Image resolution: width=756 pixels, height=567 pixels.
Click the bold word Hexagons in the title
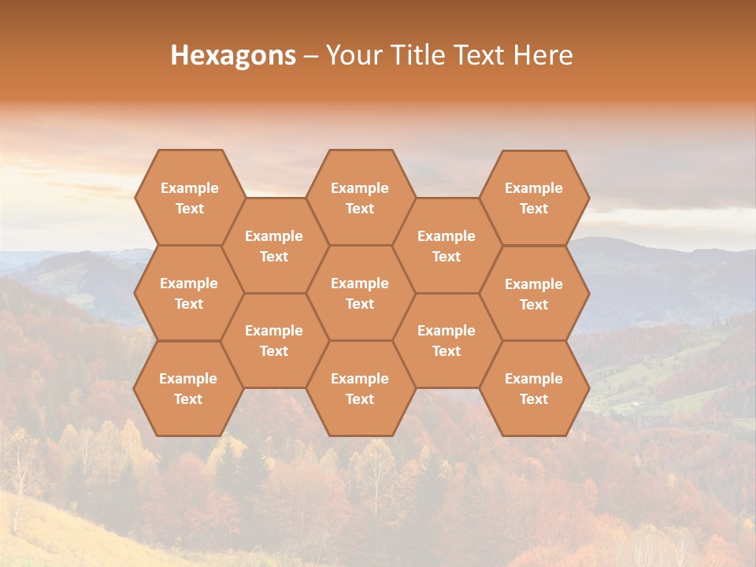pyautogui.click(x=233, y=55)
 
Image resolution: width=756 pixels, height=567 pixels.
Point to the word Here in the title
pyautogui.click(x=543, y=55)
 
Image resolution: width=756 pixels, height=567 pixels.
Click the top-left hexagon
pyautogui.click(x=189, y=198)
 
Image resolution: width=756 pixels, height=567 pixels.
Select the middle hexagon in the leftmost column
pyautogui.click(x=189, y=293)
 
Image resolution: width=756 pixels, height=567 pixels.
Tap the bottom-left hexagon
pyautogui.click(x=189, y=388)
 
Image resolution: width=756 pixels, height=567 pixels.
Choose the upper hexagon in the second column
pyautogui.click(x=274, y=246)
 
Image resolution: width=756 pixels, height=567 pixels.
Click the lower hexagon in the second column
pyautogui.click(x=274, y=340)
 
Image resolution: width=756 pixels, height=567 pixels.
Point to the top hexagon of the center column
pyautogui.click(x=360, y=198)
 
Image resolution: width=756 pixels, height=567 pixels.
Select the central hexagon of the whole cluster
pyautogui.click(x=360, y=293)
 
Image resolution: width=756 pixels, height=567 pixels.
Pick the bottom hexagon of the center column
pyautogui.click(x=360, y=388)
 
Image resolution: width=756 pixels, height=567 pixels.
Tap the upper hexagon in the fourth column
pyautogui.click(x=447, y=246)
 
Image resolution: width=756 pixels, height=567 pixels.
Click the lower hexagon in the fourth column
pyautogui.click(x=447, y=340)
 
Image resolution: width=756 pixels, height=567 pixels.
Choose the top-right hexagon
pyautogui.click(x=534, y=198)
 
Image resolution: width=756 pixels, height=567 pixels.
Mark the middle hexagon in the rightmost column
pyautogui.click(x=534, y=294)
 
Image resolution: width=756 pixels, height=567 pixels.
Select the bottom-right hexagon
pyautogui.click(x=534, y=388)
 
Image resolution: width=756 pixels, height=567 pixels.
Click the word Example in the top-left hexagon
pyautogui.click(x=189, y=188)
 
